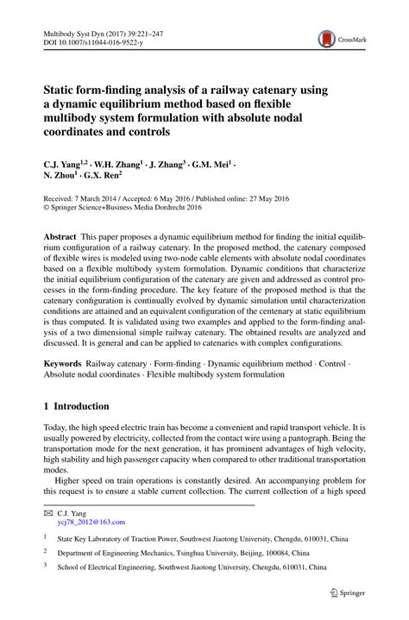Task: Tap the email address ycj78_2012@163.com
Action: tap(91, 522)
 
